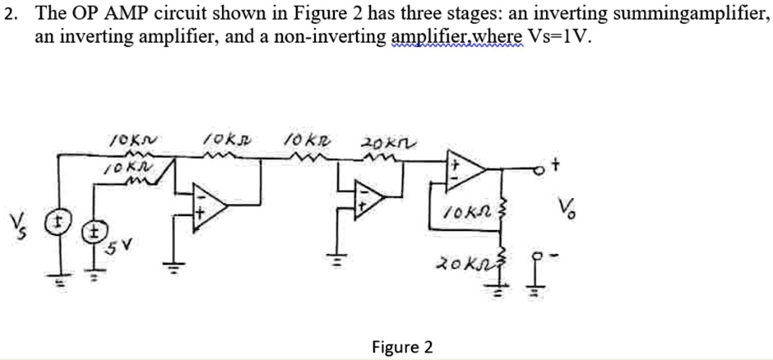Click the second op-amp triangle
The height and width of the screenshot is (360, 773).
pyautogui.click(x=369, y=197)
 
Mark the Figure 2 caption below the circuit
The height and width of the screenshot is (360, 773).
pyautogui.click(x=402, y=347)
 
